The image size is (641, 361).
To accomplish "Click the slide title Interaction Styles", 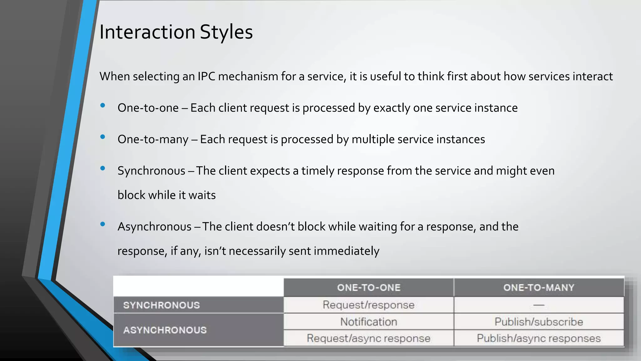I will (176, 32).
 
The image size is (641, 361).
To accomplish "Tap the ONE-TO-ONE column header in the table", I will (369, 288).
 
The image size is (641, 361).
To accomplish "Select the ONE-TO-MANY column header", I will (539, 288).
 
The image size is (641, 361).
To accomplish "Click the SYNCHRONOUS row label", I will (162, 305).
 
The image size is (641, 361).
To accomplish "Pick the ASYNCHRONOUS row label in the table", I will (165, 330).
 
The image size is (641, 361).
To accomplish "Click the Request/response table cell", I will (369, 305).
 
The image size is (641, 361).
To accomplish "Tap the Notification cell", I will (369, 322).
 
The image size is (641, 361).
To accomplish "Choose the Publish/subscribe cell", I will (539, 322).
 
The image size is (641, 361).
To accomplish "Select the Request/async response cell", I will (369, 338).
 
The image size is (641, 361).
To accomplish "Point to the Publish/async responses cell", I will (539, 338).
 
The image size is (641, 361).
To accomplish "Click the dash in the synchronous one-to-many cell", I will (539, 305).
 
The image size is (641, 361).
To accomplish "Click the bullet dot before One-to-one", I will (103, 106).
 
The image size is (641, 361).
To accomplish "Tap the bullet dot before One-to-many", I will (103, 137).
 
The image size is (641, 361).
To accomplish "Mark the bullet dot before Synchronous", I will (103, 168).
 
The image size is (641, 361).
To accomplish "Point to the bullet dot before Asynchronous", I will (103, 224).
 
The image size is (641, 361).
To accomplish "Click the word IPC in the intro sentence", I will (206, 76).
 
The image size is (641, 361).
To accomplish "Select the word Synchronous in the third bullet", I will (151, 171).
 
